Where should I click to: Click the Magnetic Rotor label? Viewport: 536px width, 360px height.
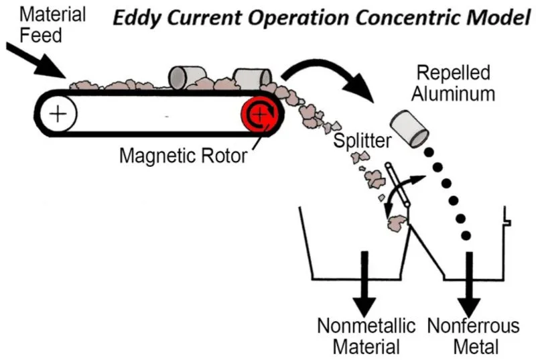(182, 156)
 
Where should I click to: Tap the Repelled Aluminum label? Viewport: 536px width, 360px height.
(453, 83)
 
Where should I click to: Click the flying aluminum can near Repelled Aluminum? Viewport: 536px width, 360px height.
(409, 128)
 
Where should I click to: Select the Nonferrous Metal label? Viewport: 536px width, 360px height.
(473, 337)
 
